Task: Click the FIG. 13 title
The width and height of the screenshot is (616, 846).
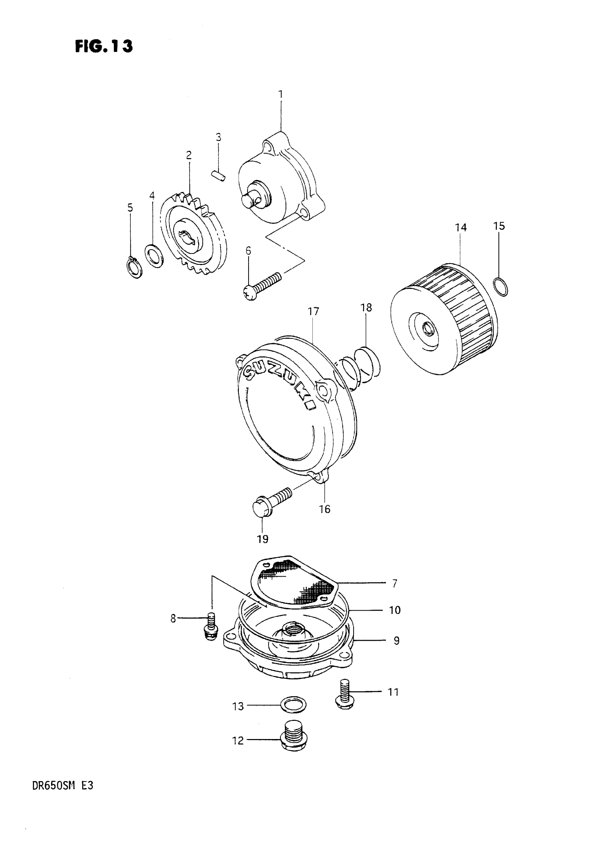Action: [x=104, y=47]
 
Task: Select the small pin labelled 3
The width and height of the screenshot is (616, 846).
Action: [x=218, y=176]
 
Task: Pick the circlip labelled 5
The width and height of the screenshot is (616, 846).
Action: [x=133, y=268]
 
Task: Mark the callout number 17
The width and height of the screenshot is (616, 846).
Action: [x=313, y=311]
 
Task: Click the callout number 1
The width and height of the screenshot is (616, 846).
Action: [x=280, y=94]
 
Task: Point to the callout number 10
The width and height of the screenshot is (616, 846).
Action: [x=395, y=610]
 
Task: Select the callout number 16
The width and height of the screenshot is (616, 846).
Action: [x=324, y=509]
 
